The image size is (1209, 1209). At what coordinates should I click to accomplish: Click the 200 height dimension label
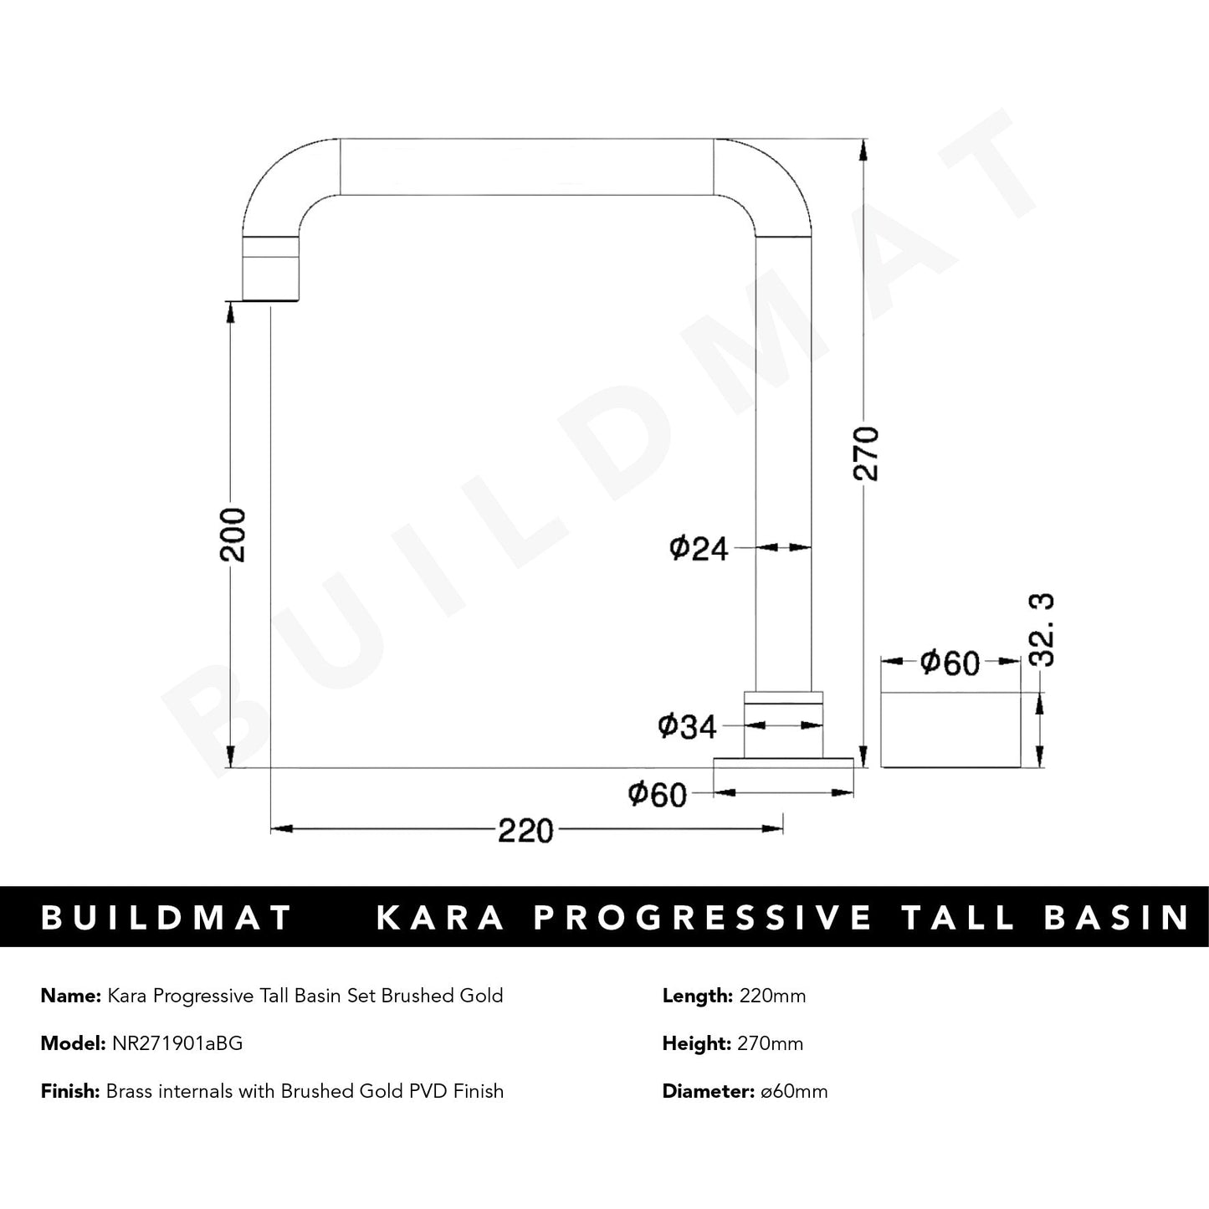pos(237,535)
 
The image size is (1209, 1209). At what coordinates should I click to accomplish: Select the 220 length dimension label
pos(526,831)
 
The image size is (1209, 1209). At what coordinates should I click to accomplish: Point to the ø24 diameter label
pos(699,549)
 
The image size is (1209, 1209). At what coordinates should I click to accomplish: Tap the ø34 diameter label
pos(688,727)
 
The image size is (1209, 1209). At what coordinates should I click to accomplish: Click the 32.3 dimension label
pos(1043,629)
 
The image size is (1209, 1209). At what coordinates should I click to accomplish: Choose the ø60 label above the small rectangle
pos(950,663)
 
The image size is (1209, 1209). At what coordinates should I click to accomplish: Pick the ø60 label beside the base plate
pos(658,794)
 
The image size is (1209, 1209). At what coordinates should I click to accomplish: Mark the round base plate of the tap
pos(783,762)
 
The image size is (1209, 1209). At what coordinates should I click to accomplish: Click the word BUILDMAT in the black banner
pos(166,917)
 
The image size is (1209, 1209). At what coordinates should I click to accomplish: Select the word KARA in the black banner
pos(441,917)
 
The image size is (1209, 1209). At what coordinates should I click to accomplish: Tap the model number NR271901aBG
pos(177,1043)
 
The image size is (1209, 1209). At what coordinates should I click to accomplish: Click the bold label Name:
pos(70,996)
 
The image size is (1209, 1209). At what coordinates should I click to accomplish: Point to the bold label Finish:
pos(70,1091)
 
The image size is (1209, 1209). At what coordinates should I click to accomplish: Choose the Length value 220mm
pos(771,996)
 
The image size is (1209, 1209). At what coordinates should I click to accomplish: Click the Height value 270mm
pos(770,1043)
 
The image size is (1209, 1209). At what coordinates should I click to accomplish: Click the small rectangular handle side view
pos(952,729)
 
